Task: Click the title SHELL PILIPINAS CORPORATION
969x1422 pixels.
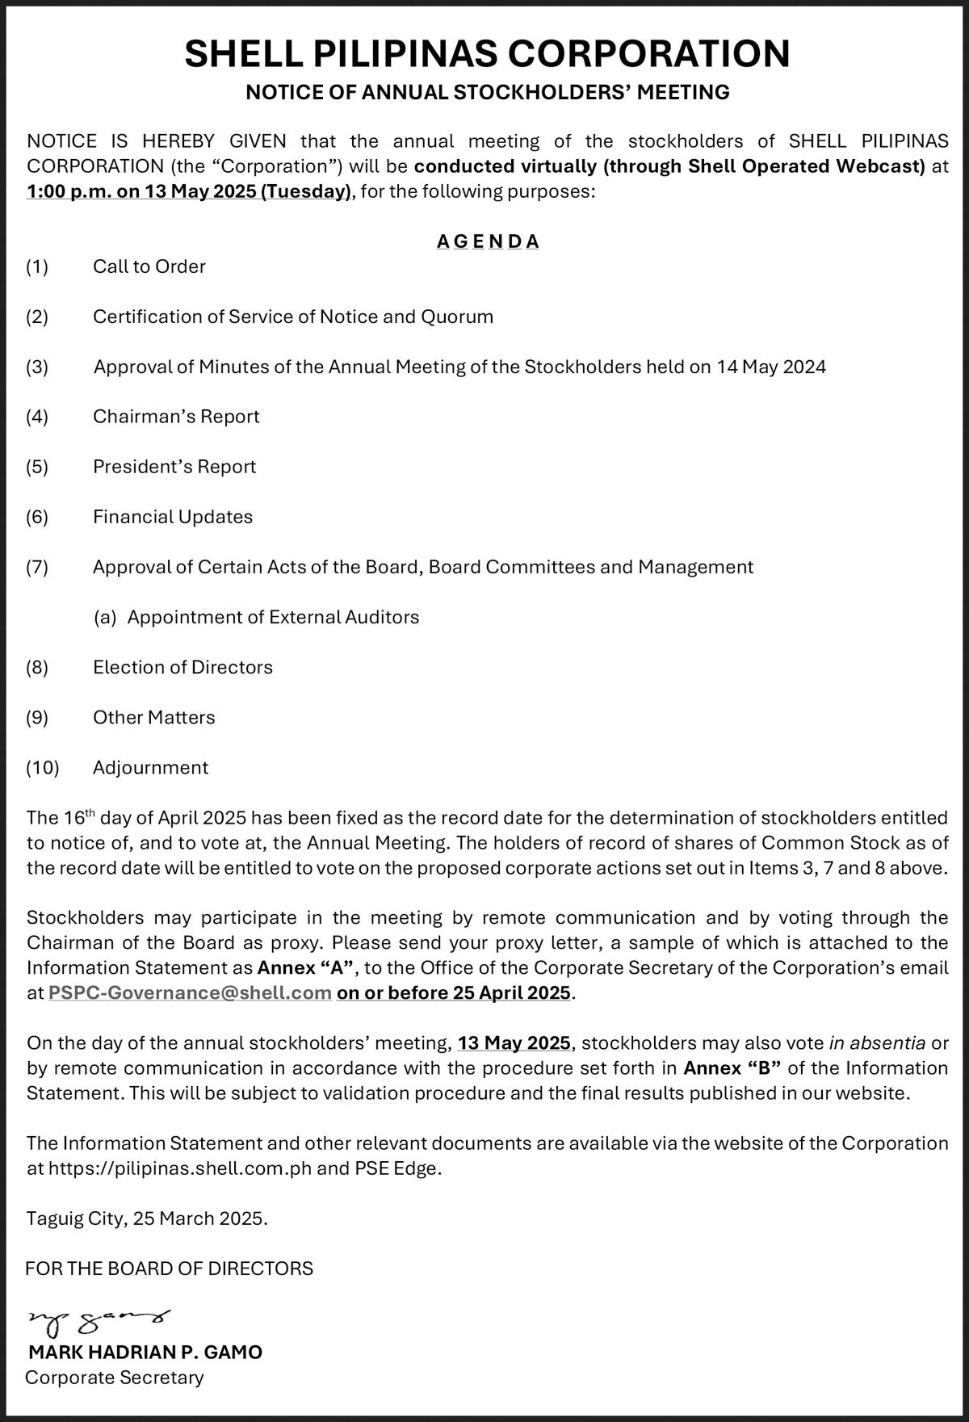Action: point(487,54)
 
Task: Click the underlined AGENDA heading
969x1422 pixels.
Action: point(488,241)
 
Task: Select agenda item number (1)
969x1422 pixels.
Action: point(37,266)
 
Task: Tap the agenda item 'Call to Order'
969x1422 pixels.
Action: point(149,266)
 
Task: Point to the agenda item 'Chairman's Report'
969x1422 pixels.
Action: point(176,417)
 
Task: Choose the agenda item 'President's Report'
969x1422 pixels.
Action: point(174,467)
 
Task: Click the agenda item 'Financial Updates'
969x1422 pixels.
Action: point(173,517)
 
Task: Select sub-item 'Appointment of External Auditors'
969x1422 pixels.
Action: point(273,617)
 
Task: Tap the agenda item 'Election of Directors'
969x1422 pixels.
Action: point(182,667)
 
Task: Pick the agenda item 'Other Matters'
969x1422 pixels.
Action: point(154,717)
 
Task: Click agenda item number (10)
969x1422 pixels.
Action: point(42,767)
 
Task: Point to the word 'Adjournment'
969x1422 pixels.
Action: point(150,767)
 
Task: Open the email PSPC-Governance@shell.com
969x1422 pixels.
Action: point(191,992)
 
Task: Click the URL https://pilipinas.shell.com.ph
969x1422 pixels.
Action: point(179,1168)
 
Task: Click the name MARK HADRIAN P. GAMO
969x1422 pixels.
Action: point(145,1352)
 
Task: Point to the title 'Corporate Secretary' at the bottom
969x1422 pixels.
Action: point(115,1377)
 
